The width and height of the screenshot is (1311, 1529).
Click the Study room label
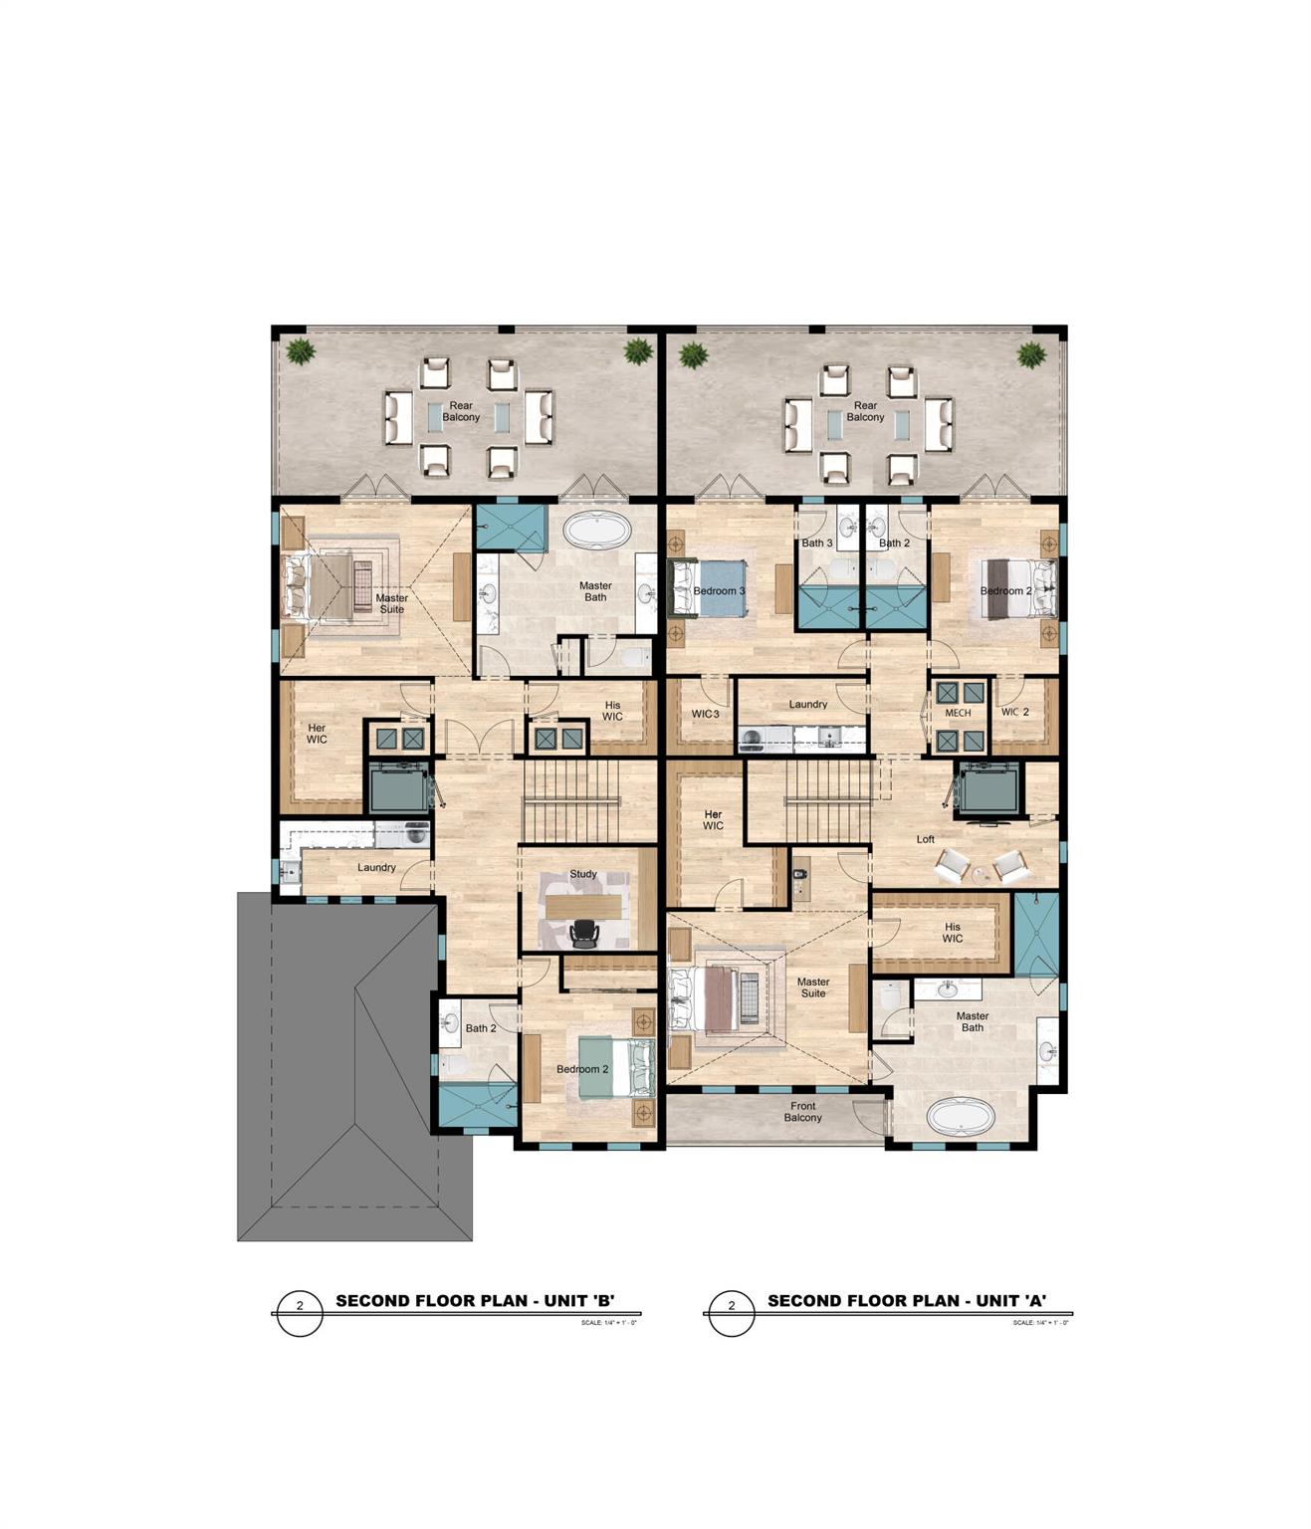(x=583, y=874)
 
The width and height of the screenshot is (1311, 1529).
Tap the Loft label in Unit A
(x=926, y=839)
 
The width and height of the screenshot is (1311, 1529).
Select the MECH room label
(x=958, y=713)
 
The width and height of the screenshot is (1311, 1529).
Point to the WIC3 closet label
(x=705, y=713)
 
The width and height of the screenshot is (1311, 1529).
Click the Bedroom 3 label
(x=719, y=591)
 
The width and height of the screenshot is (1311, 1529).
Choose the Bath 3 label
(x=817, y=543)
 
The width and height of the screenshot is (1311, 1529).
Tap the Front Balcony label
(x=802, y=1112)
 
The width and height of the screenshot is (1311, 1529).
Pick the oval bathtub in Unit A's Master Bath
(x=961, y=1116)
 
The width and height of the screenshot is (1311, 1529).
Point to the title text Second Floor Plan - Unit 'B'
(x=475, y=1300)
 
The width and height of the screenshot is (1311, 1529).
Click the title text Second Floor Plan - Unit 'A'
(x=907, y=1300)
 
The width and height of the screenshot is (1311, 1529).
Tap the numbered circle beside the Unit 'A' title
(x=732, y=1306)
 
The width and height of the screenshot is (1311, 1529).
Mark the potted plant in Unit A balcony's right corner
(x=1031, y=353)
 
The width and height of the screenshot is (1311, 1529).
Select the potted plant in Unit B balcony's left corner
(x=300, y=350)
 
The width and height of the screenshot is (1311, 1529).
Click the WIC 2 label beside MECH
(x=1015, y=712)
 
